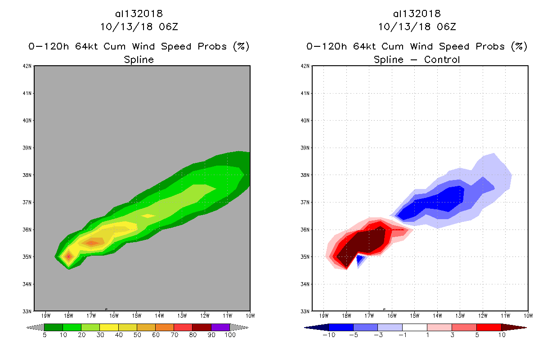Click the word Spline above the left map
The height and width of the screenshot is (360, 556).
139,59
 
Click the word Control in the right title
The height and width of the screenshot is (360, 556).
441,59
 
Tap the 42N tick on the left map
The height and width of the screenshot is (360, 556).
28,66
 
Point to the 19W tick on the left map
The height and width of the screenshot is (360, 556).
45,315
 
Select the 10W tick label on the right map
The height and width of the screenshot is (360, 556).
528,315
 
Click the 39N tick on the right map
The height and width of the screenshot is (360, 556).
306,148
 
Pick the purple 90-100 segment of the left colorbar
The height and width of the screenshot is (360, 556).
220,328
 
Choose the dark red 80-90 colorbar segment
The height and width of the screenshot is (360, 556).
202,328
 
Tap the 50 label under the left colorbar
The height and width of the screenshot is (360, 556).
137,335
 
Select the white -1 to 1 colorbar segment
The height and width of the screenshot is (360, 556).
414,328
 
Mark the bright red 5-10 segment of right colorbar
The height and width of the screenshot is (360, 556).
488,328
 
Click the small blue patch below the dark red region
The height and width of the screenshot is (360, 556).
359,259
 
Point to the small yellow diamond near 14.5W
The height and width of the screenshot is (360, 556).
148,216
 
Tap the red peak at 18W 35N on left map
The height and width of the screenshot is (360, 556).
68,256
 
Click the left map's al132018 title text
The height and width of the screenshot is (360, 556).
139,14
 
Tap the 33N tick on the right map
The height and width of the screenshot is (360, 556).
306,311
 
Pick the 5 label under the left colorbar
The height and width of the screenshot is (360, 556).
45,335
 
